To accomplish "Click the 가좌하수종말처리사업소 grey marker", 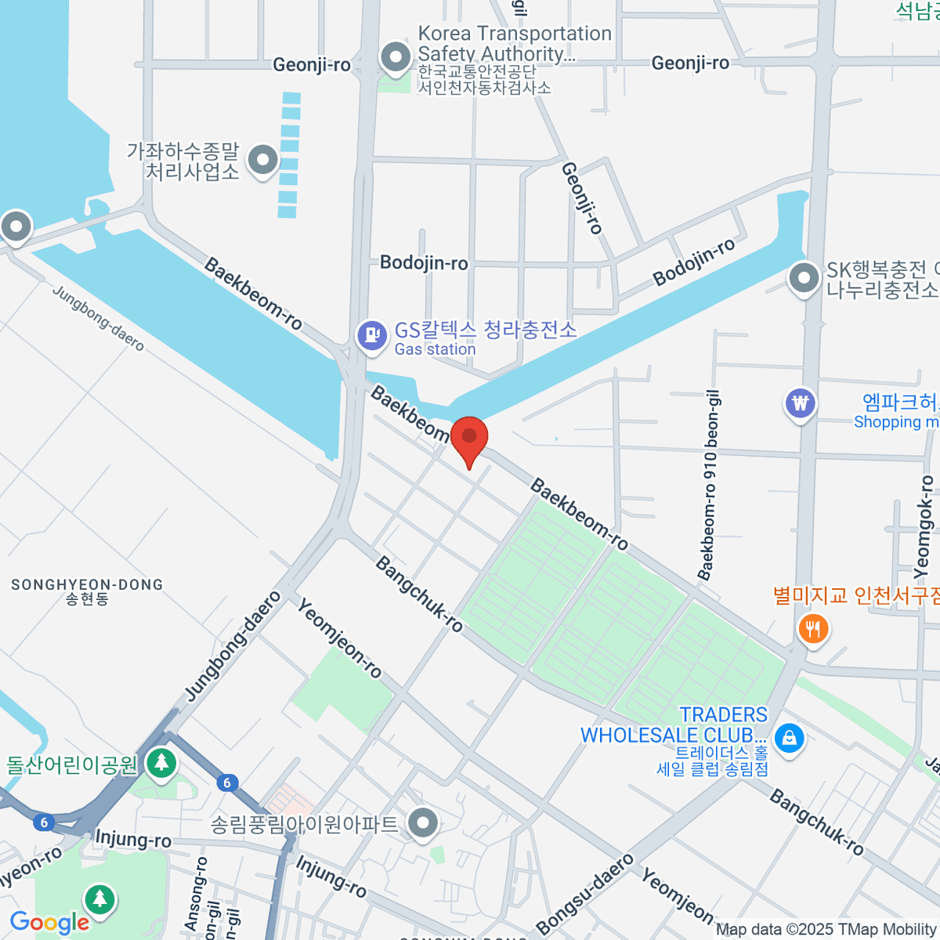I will point(262,161).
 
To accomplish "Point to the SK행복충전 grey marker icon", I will point(803,278).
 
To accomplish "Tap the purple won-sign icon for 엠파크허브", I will point(800,404).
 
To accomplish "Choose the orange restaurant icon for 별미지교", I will point(813,627).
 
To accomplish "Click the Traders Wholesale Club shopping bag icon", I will point(789,738).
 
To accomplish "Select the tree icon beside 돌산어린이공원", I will point(161,761).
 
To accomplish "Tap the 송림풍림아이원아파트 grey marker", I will point(424,823).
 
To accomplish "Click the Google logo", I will point(50,923).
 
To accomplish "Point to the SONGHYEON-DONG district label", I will point(87,585).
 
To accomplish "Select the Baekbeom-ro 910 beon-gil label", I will point(708,486).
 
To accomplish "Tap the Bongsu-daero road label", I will point(585,894).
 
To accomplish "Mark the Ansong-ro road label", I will point(196,893).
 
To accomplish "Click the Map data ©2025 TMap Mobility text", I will point(826,930).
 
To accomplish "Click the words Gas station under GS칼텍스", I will point(435,349).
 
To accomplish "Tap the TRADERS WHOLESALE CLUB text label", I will point(674,725).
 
